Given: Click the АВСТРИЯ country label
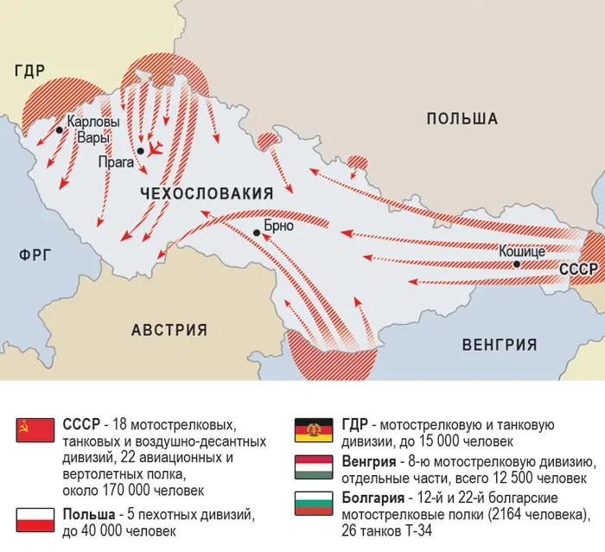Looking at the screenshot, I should point(169,329).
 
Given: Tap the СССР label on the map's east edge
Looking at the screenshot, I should point(578,269).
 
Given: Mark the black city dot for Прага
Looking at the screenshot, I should point(140,152).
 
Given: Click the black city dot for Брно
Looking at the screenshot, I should point(256,232).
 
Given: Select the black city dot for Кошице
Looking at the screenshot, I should point(516,263).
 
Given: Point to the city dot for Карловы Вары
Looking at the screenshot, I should point(59,130).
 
